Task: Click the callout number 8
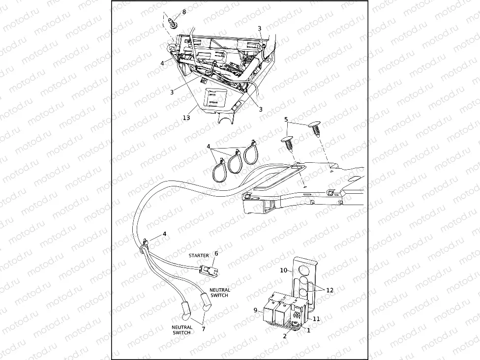(x=184, y=12)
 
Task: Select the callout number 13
(x=186, y=118)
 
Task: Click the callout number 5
(x=286, y=120)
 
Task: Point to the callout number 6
(x=216, y=253)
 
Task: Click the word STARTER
(x=199, y=256)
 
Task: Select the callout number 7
(x=203, y=329)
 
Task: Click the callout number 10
(x=283, y=270)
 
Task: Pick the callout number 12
(x=330, y=290)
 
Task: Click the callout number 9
(x=255, y=310)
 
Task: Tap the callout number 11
(x=316, y=319)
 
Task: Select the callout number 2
(x=285, y=336)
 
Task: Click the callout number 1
(x=308, y=330)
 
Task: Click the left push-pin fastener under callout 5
(x=287, y=143)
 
